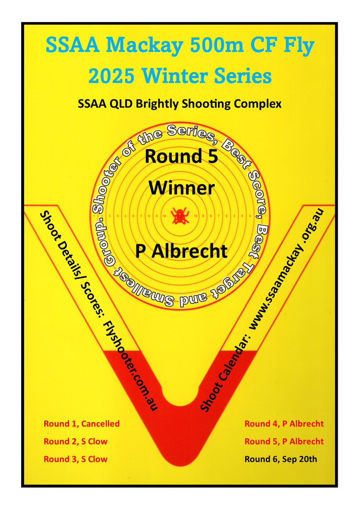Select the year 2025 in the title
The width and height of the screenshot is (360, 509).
click(111, 76)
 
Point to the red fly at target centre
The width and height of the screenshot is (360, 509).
click(179, 216)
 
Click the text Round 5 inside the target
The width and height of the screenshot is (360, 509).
click(181, 156)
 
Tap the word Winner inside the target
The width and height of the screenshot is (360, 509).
click(182, 188)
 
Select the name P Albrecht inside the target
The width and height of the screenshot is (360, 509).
click(181, 251)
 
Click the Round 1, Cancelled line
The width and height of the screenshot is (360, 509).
click(82, 424)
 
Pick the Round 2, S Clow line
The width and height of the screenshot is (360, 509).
click(75, 442)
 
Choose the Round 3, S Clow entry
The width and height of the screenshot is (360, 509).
click(75, 459)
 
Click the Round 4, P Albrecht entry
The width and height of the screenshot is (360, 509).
click(284, 424)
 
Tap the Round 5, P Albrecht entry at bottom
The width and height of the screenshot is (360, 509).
click(284, 442)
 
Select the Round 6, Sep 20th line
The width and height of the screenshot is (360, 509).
click(281, 459)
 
